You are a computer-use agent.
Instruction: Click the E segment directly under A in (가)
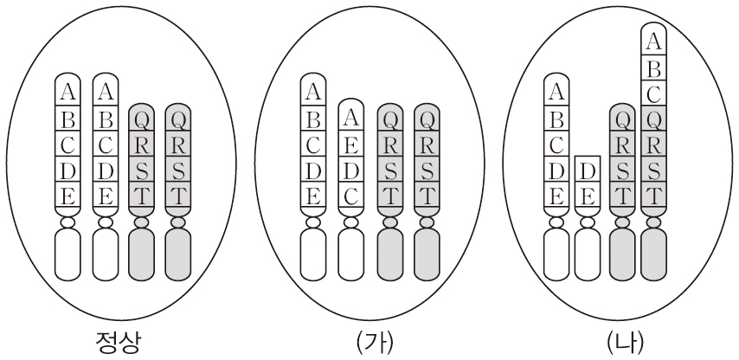coord(351,138)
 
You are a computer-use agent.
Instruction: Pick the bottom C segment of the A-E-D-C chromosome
coord(351,197)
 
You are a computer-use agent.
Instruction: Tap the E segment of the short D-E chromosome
coord(588,196)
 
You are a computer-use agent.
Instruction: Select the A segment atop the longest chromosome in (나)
coord(655,39)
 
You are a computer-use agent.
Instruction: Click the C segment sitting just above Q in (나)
coord(655,91)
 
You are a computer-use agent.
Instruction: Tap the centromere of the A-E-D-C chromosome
coord(351,222)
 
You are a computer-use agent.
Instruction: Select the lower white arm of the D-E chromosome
coord(588,256)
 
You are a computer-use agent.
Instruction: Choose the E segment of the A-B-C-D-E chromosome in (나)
coord(557,196)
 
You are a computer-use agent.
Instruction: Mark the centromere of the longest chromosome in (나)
coord(655,222)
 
